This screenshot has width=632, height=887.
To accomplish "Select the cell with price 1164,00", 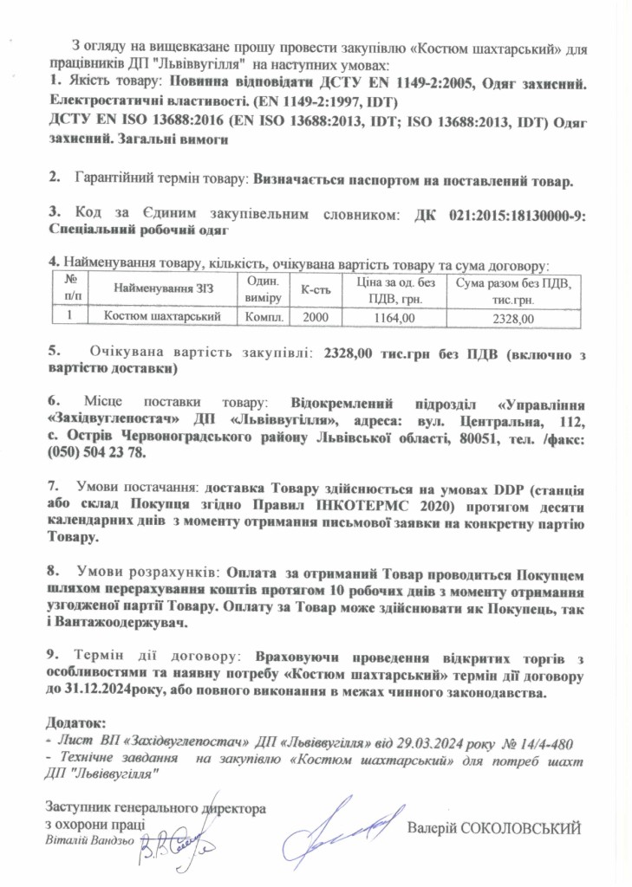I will tap(394, 318).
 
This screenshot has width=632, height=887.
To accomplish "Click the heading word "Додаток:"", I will tap(75, 722).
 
